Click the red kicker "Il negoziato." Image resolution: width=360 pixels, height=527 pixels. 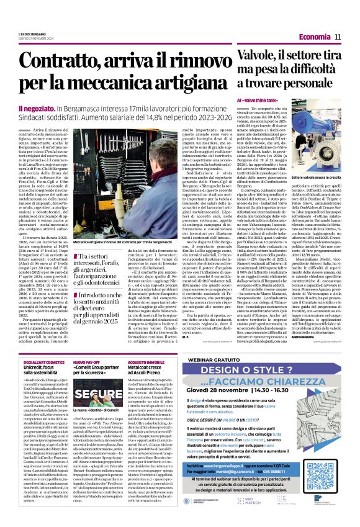[x=30, y=108]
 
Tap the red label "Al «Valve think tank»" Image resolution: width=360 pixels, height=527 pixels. [x=256, y=100]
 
